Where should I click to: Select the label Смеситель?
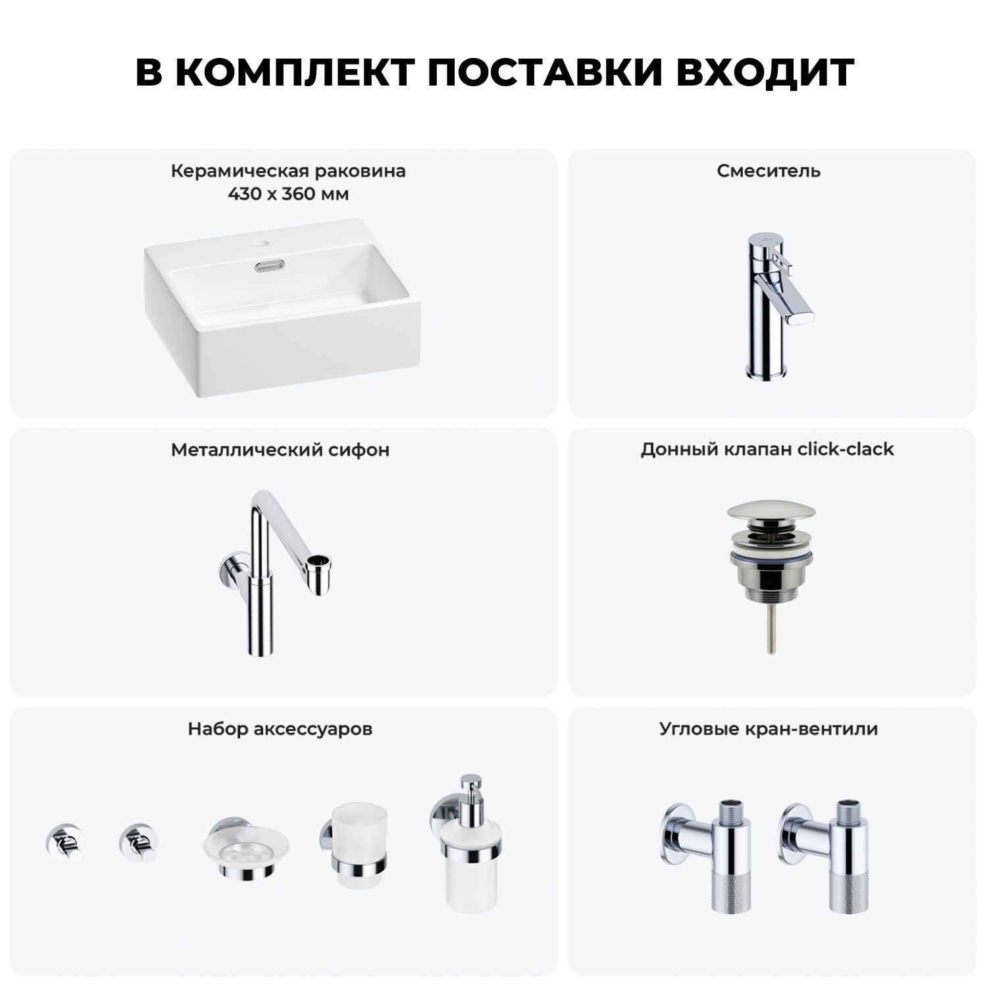[769, 171]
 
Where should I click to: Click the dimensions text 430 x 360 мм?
[288, 194]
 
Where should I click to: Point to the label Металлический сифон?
[280, 450]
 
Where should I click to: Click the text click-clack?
[846, 449]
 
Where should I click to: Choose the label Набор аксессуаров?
[280, 729]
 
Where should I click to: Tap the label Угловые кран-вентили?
[769, 729]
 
